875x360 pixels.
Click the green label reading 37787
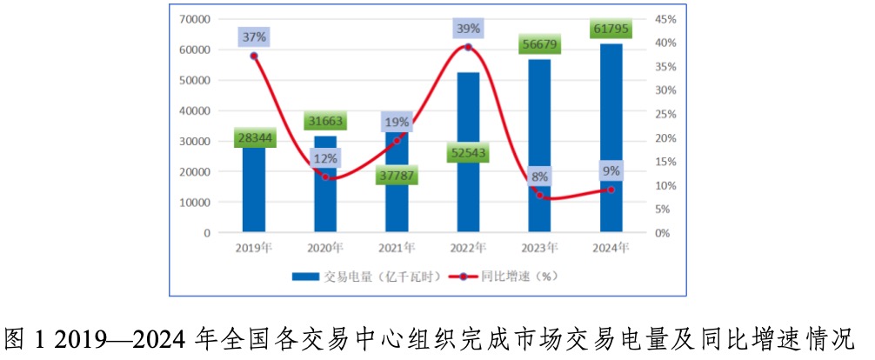(397, 177)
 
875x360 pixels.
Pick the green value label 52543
(468, 154)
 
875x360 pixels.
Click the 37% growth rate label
(254, 37)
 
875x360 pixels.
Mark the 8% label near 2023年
(540, 177)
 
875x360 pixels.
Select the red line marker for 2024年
(611, 190)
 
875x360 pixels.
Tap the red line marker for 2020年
(326, 177)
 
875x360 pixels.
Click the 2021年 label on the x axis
(397, 248)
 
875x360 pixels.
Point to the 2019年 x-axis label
(254, 248)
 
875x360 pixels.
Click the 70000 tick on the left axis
(196, 19)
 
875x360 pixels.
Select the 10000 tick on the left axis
(196, 203)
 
